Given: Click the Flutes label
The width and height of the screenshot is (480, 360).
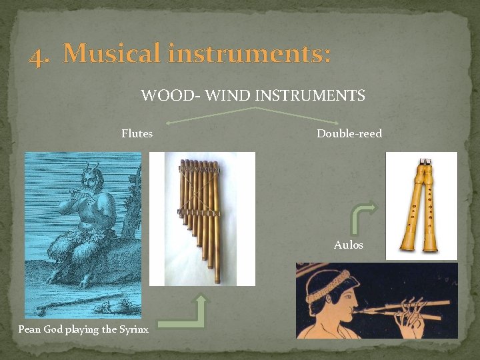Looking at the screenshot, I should (x=137, y=133).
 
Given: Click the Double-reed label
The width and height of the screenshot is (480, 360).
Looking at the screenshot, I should (x=349, y=133).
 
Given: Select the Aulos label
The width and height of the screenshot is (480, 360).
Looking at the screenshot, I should (x=349, y=245).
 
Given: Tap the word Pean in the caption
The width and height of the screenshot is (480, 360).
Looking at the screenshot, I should (x=29, y=329).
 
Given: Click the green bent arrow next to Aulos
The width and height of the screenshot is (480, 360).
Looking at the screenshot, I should (x=363, y=217).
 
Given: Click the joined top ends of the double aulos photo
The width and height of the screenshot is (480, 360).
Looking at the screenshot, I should (x=424, y=164).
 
